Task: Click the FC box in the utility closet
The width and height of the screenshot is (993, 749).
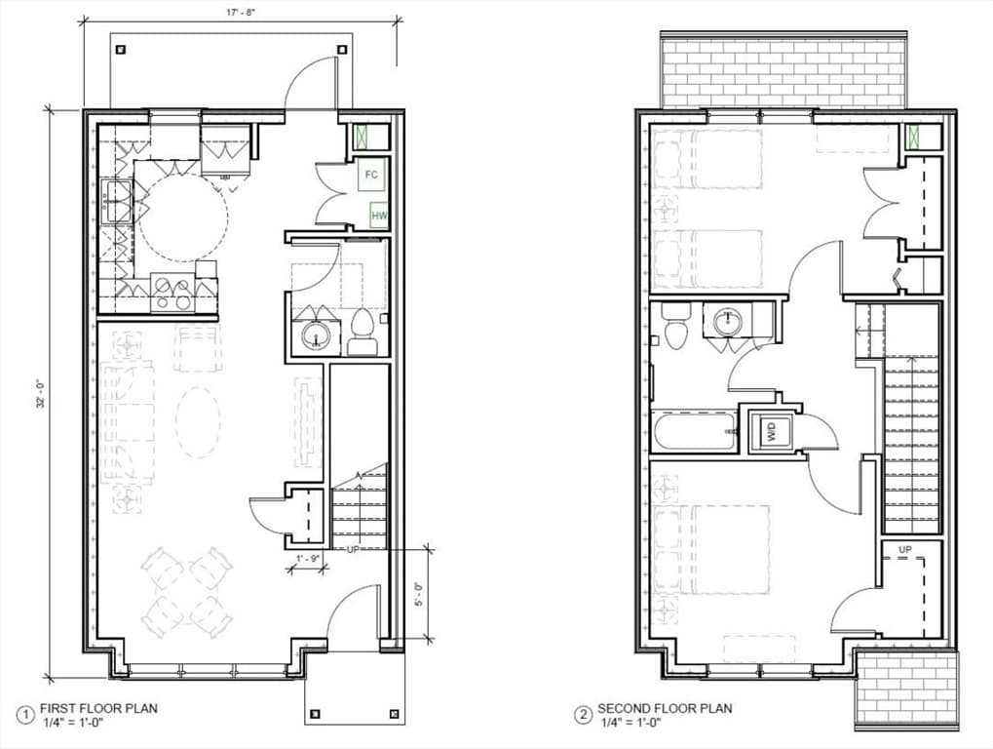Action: click(371, 174)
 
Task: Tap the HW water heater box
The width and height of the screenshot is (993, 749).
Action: click(379, 216)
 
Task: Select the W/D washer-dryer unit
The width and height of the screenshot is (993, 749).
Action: click(772, 431)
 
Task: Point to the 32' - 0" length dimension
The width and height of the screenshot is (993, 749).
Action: click(41, 393)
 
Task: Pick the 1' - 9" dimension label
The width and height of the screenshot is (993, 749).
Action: click(308, 558)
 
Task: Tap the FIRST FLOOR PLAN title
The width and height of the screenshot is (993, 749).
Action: click(98, 708)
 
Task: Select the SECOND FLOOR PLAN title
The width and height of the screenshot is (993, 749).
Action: click(665, 708)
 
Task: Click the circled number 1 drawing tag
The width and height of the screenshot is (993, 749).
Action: click(26, 716)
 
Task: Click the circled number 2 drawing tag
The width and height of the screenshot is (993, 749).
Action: click(583, 716)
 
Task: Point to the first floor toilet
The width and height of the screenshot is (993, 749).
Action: click(363, 332)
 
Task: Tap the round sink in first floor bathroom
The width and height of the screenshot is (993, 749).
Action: click(315, 335)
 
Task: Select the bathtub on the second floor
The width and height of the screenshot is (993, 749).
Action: click(695, 431)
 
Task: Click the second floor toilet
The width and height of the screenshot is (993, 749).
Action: click(672, 325)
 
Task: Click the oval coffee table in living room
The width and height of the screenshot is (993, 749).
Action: click(198, 421)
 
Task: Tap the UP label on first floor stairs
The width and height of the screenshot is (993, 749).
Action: click(354, 549)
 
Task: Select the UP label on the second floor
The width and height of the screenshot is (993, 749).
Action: click(905, 549)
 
